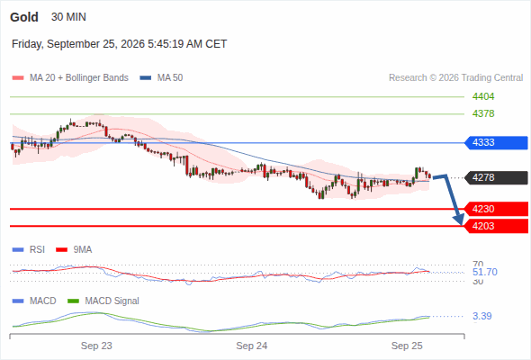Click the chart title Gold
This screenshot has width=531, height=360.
coord(24,17)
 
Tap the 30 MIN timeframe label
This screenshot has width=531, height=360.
coord(68,16)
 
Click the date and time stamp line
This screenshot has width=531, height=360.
coord(119,44)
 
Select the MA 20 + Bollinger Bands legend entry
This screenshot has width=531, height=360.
coord(70,78)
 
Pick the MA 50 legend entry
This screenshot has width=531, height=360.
coord(161,78)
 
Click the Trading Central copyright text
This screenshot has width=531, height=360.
coord(455,78)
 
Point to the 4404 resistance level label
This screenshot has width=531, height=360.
coord(483,96)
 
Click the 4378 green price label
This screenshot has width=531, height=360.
coord(483,113)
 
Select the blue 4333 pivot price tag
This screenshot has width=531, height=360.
coord(496,142)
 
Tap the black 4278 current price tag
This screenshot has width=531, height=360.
coord(496,177)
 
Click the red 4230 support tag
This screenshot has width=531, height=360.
coord(496,209)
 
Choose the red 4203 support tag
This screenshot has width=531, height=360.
coord(496,226)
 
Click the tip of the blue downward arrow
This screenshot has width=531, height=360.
coord(461,224)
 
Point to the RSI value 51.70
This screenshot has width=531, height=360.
coord(485,272)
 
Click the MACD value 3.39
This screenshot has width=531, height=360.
coord(482,316)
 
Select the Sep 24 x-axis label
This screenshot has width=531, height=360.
coord(252,346)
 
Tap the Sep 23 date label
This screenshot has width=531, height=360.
coord(96,346)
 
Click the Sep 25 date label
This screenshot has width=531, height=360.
coord(407,346)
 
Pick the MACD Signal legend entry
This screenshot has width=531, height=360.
coord(103,301)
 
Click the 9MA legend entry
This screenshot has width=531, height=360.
coord(74,249)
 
